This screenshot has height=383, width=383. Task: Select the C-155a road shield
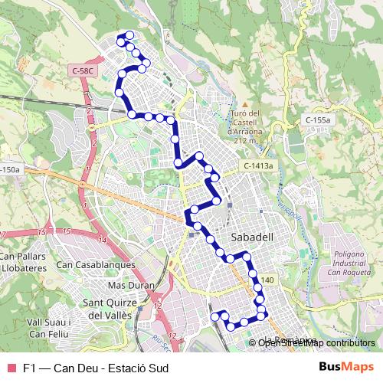[x=316, y=120]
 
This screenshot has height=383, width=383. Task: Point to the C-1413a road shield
[x=259, y=165]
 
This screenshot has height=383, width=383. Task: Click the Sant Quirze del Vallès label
[x=108, y=308]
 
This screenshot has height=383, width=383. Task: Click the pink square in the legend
[x=10, y=367]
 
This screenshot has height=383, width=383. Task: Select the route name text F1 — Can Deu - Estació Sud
[x=96, y=367]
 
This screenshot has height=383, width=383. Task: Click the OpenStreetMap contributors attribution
[x=316, y=342]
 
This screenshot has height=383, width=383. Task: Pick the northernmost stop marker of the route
[x=129, y=34]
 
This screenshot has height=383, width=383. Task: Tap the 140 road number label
[x=267, y=281]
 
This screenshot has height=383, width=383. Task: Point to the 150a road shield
[x=9, y=169]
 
